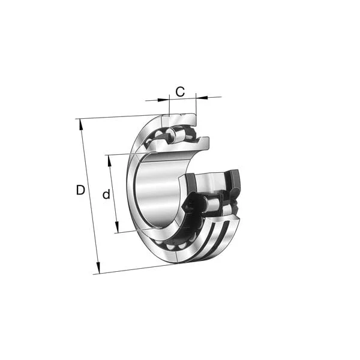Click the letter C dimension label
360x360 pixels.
tap(179, 92)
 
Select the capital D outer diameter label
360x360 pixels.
tap(80, 190)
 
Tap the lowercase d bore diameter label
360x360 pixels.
tap(106, 194)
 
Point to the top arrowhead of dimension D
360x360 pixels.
tap(79, 122)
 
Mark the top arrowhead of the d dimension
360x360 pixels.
tap(109, 158)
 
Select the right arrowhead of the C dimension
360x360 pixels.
tap(199, 97)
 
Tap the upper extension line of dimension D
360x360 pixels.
tap(114, 117)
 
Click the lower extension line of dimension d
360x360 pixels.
tap(135, 231)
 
